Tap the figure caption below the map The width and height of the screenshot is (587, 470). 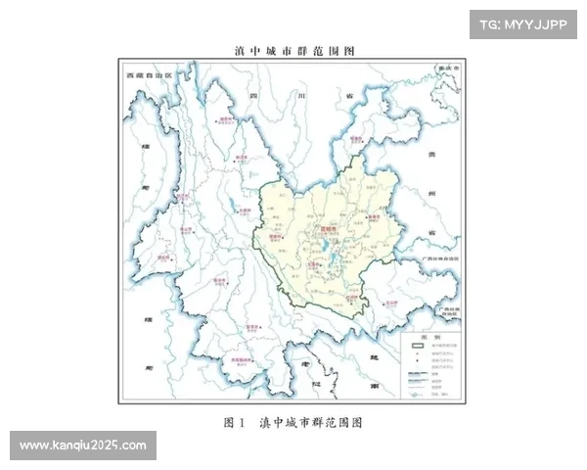coord(293,423)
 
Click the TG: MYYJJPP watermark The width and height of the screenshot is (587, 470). coord(523,24)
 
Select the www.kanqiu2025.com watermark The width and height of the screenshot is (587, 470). coord(82,446)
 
